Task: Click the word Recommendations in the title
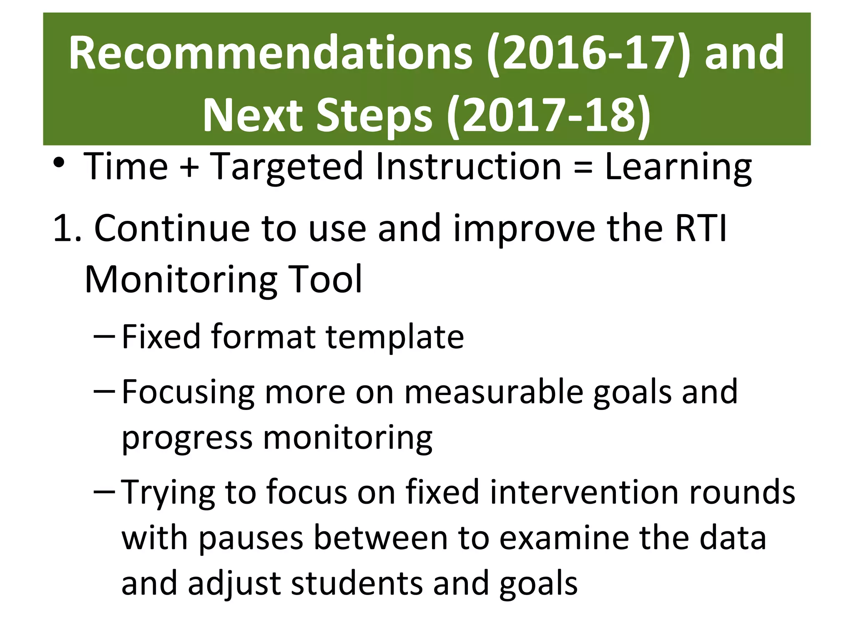point(270,53)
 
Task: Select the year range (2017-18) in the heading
point(548,116)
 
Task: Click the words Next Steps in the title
point(317,116)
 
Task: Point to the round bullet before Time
point(59,163)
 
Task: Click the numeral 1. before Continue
point(67,228)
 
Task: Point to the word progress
point(187,438)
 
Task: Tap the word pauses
point(251,538)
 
